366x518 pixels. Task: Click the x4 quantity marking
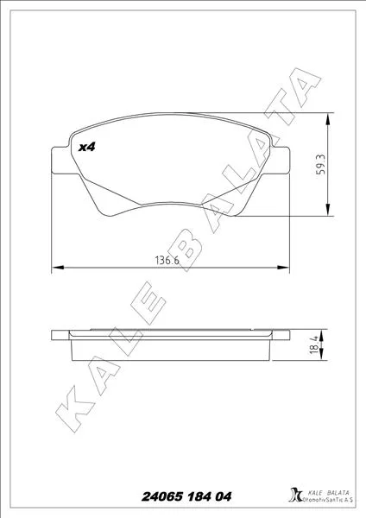[86, 147]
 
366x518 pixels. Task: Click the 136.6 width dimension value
[167, 261]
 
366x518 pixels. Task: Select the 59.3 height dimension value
[320, 164]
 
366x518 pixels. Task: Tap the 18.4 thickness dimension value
[314, 345]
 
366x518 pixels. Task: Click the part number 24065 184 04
[186, 496]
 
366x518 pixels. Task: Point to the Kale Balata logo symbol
[295, 495]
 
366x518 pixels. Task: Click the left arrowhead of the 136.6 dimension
[58, 267]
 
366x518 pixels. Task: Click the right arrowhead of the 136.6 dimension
[283, 267]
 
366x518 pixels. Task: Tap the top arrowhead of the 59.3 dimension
[327, 118]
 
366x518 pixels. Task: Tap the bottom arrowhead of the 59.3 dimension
[327, 210]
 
